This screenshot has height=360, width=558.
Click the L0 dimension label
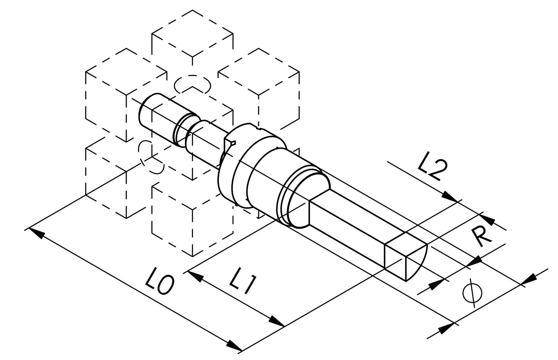159,281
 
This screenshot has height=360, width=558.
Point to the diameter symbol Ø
472,293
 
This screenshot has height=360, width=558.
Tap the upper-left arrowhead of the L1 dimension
195,277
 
